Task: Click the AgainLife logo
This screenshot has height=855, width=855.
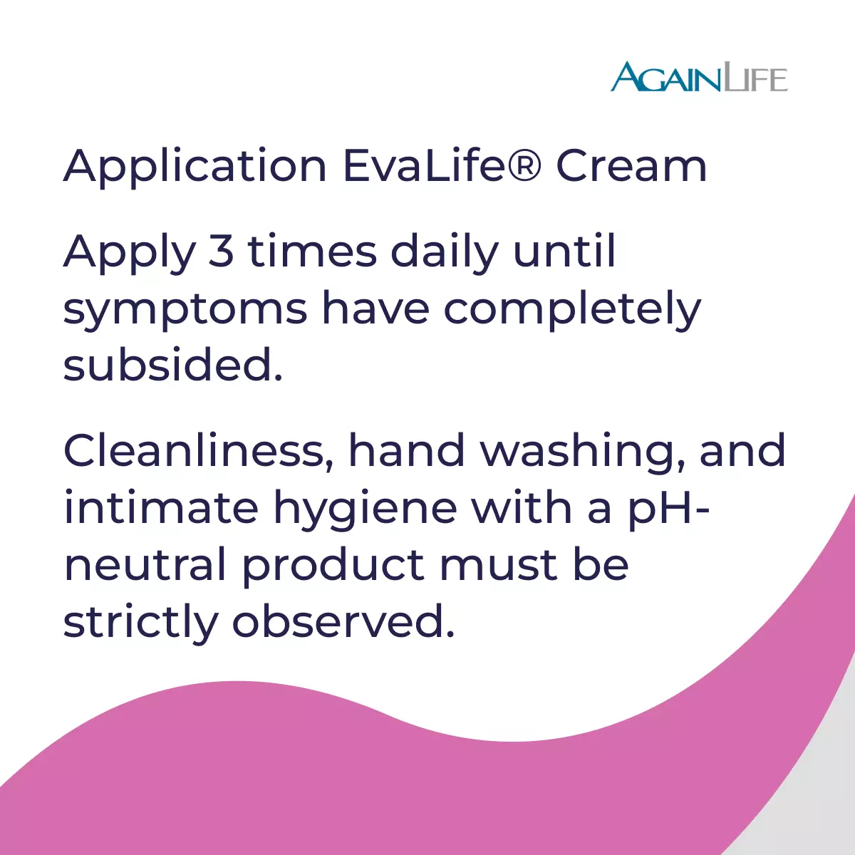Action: (x=699, y=77)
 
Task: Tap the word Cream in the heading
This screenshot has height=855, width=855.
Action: (x=631, y=166)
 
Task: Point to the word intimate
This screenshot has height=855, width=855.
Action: (x=161, y=508)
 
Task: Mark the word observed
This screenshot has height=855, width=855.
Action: (x=343, y=621)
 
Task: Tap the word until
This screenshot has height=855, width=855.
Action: (x=564, y=250)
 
